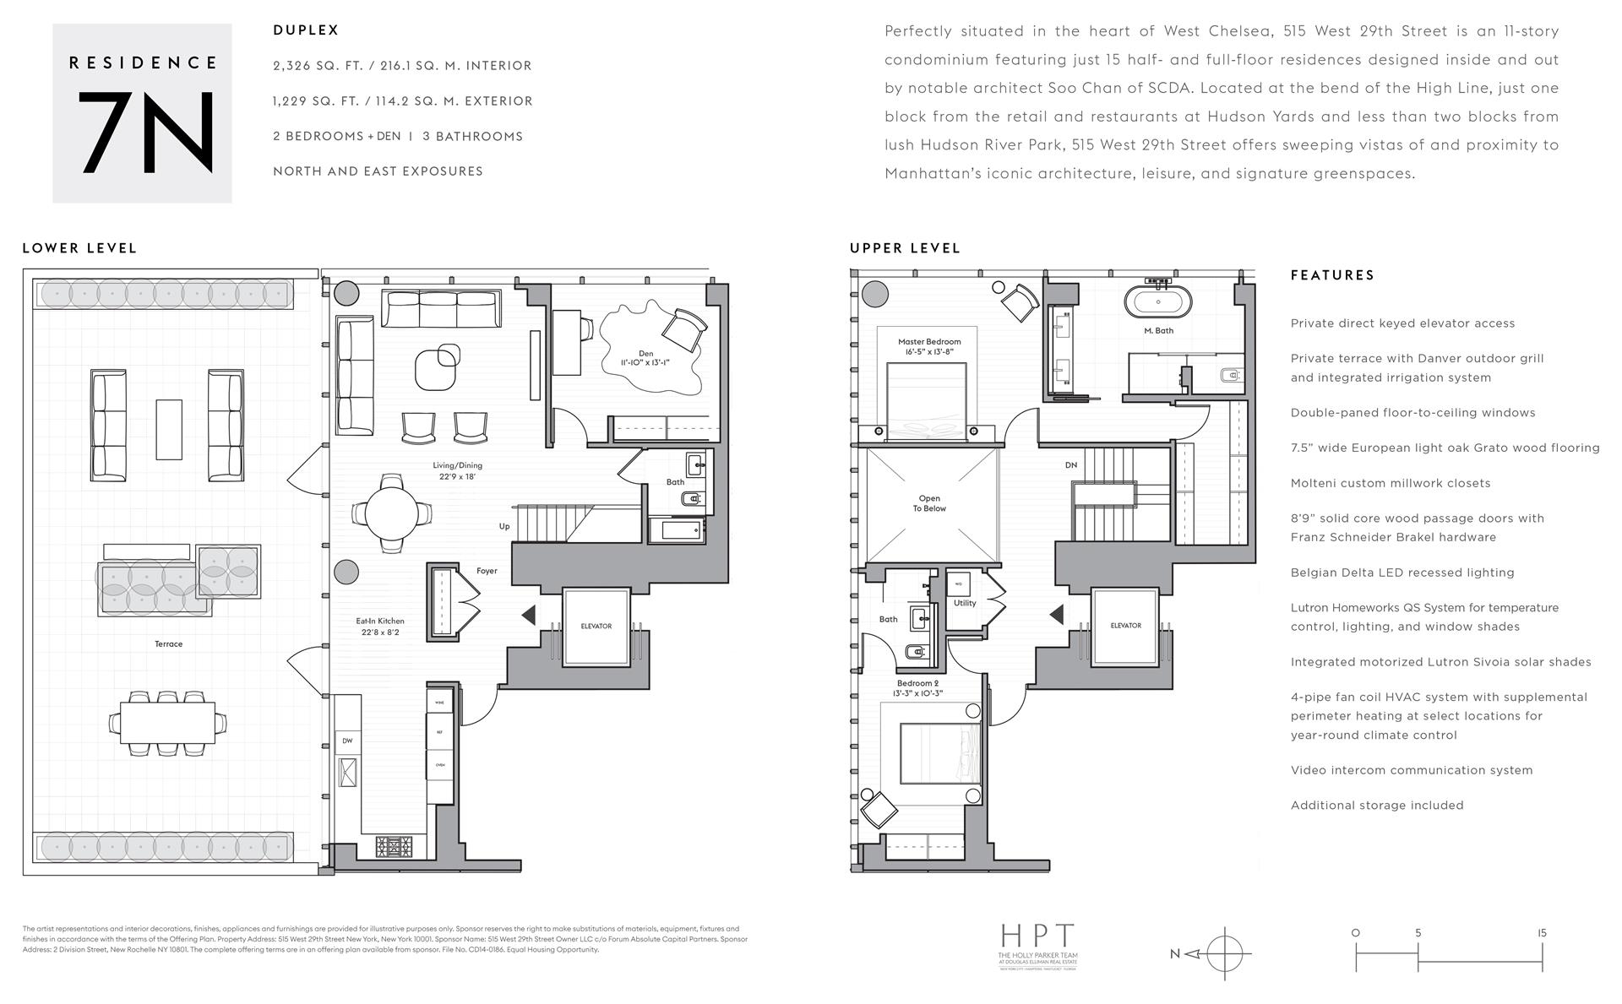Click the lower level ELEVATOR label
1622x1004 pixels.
(596, 626)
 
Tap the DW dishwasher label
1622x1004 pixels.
(347, 741)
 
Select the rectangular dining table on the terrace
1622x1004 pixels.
(167, 723)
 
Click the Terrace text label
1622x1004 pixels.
(168, 643)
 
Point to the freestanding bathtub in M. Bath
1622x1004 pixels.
(1157, 301)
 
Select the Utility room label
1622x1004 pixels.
(965, 603)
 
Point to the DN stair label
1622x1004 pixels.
(1071, 465)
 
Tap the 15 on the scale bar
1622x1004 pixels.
(1542, 933)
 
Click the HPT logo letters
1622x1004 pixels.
(1038, 936)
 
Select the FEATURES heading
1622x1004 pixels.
(1332, 275)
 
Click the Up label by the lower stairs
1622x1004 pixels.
(504, 526)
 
